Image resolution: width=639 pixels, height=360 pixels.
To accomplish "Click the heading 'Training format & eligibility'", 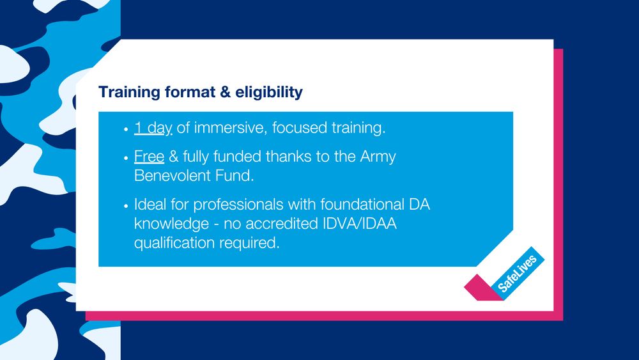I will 200,92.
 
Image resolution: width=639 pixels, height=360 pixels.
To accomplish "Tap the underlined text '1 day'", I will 153,128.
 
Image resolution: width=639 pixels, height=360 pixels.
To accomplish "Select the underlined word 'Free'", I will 149,157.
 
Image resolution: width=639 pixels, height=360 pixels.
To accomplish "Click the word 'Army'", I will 378,157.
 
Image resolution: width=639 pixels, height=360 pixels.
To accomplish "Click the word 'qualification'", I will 173,243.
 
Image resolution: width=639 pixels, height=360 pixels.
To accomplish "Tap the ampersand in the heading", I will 224,92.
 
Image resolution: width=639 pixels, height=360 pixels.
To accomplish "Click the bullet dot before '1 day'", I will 126,129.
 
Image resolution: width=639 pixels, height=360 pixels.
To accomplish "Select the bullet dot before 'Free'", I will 126,158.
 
